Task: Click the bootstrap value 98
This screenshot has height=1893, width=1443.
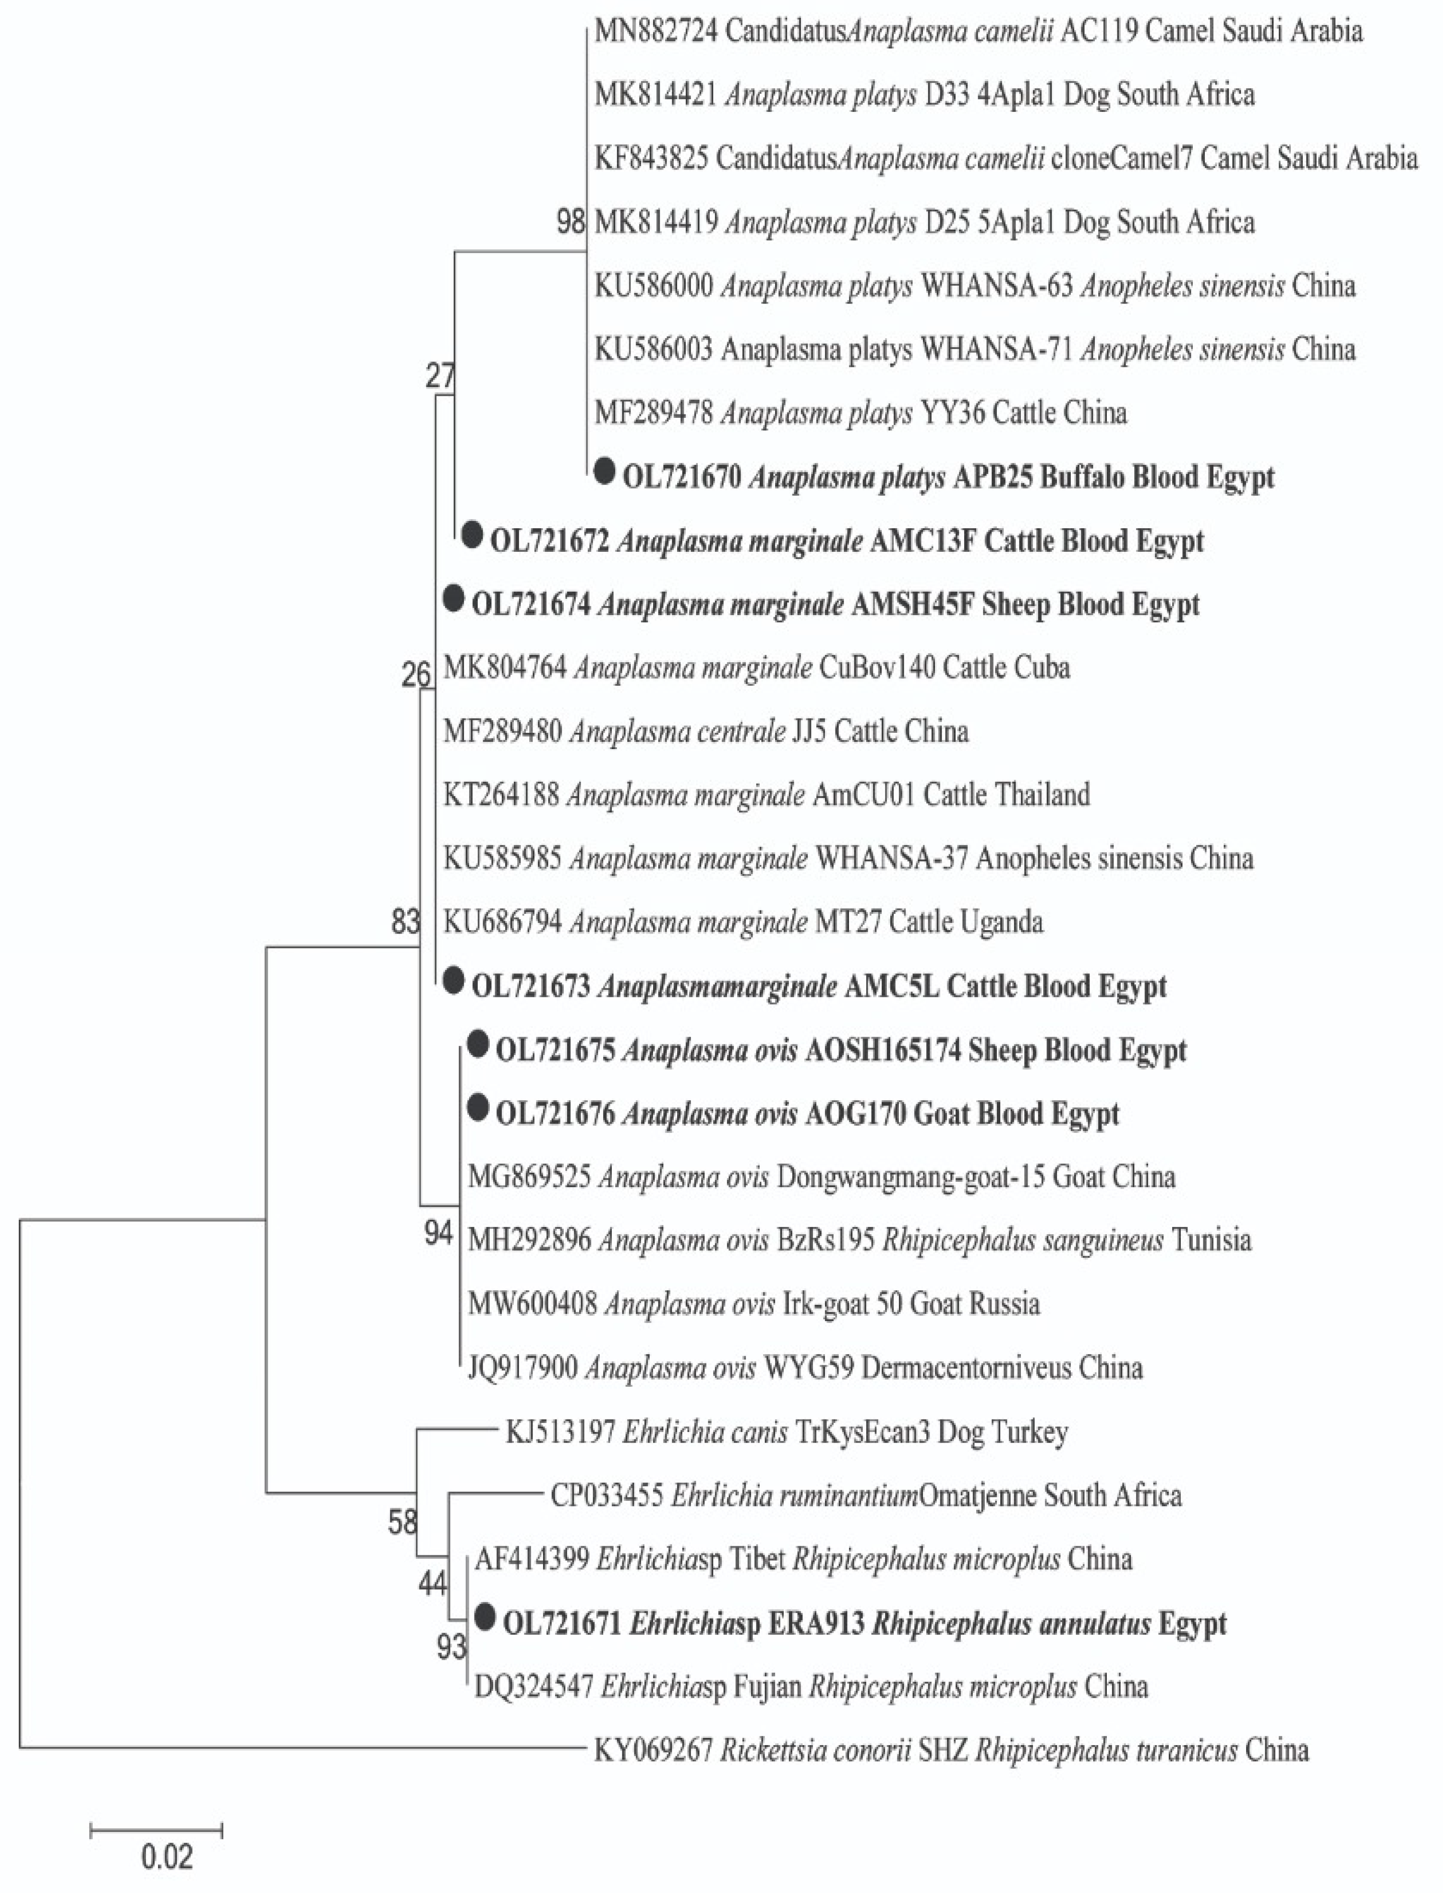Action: pyautogui.click(x=570, y=222)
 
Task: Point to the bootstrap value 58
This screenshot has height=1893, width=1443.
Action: pyautogui.click(x=402, y=1523)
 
